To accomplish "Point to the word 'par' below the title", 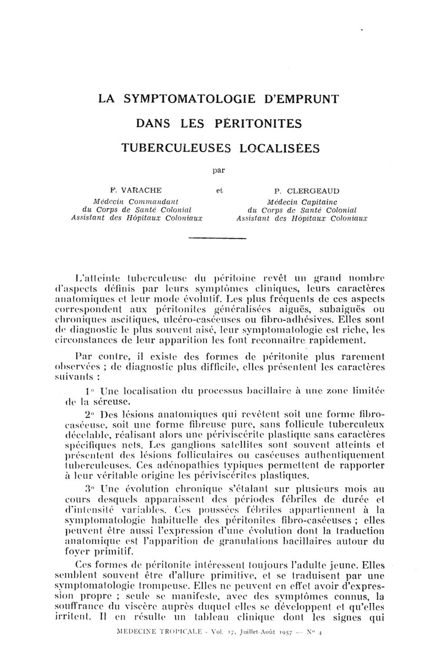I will click(217, 171).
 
